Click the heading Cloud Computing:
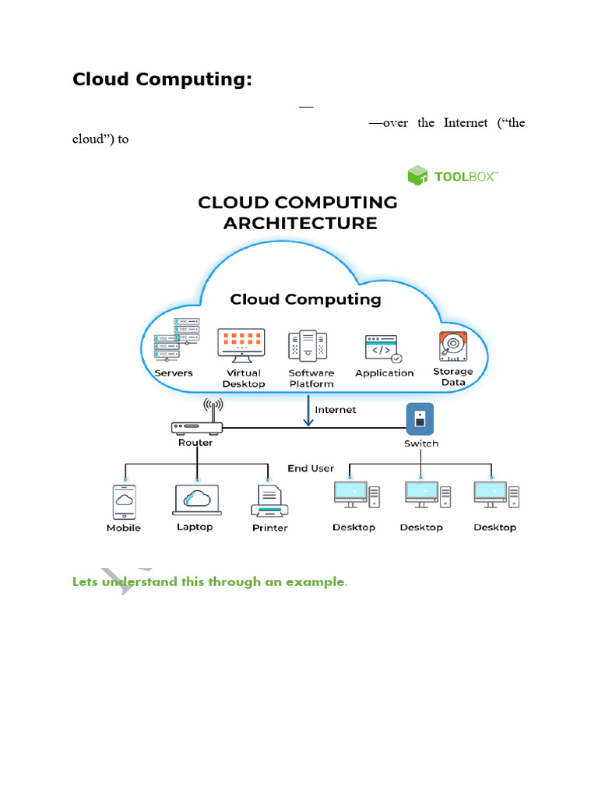162,80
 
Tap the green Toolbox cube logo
418,175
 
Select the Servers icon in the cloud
176,339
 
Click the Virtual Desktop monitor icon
242,344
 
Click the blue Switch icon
420,419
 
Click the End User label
310,468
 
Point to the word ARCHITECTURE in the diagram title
300,223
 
